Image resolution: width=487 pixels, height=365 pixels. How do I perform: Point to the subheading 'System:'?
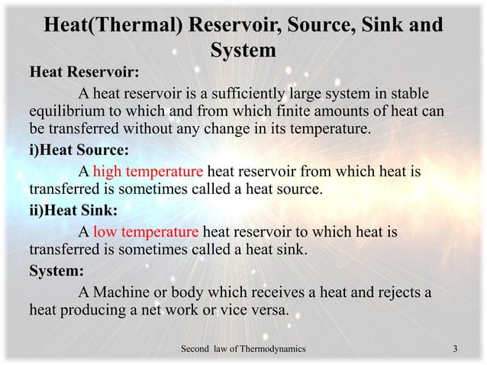pos(56,271)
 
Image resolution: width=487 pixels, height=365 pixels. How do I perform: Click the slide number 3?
pos(455,349)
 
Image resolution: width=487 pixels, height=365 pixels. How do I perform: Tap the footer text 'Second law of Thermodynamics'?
pos(243,349)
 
